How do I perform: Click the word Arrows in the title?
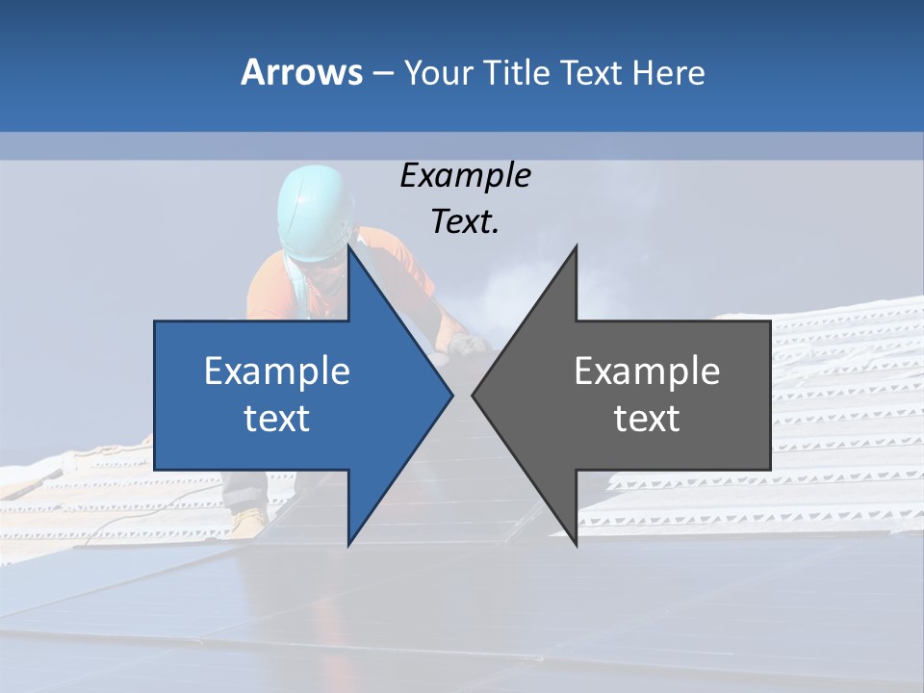[x=301, y=72]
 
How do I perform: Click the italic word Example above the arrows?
[x=465, y=176]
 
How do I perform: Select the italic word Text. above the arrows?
[x=465, y=221]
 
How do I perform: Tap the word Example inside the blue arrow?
[x=277, y=372]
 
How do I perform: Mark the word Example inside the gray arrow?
[x=647, y=372]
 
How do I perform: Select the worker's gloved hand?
[x=469, y=345]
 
